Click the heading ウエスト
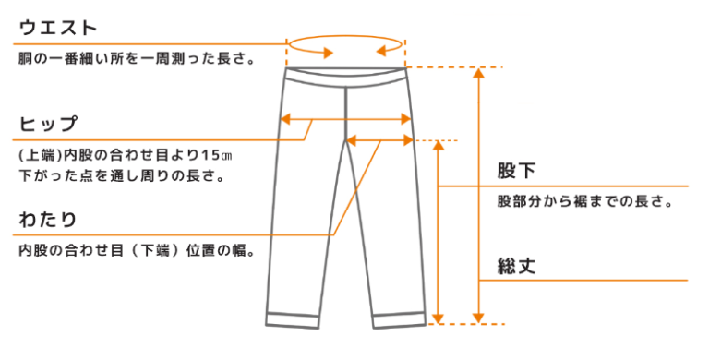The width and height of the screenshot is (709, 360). pos(58,28)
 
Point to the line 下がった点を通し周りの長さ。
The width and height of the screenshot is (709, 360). pos(120,174)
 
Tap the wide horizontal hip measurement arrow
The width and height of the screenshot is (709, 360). pos(345,119)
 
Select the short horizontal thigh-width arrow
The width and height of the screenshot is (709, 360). pos(380,141)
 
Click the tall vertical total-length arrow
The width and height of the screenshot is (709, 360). pos(478,194)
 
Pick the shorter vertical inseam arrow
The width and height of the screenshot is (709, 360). pos(439,231)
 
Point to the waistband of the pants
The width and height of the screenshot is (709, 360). pos(345,76)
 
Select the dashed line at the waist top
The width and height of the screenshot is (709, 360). pos(457,67)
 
